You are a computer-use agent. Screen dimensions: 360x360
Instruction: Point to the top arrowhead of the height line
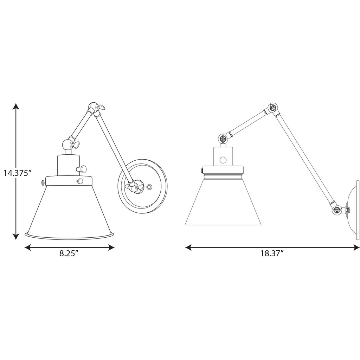(16, 106)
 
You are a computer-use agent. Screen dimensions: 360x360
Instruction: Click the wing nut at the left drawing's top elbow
(101, 107)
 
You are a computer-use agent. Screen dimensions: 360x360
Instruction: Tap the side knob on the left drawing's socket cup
(83, 169)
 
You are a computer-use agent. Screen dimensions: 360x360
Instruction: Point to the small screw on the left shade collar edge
(43, 182)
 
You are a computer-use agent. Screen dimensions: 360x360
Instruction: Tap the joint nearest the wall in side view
(337, 210)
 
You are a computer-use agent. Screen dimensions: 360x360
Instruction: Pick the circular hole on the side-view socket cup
(223, 160)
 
